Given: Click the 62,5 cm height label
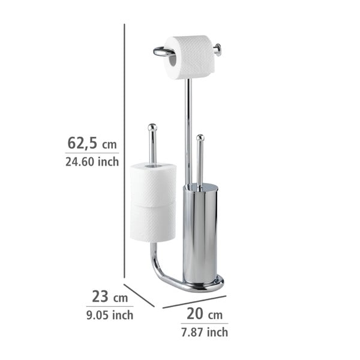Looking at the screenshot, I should (x=92, y=143).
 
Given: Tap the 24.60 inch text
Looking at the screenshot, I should (x=92, y=161).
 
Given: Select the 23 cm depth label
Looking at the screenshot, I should (x=110, y=296).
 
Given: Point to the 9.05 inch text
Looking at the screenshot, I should (x=110, y=314).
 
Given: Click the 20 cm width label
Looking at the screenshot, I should (x=204, y=314).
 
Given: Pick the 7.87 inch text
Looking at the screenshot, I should (x=204, y=332).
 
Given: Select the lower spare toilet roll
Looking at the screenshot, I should (x=153, y=222).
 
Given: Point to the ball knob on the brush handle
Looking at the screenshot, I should (x=199, y=139).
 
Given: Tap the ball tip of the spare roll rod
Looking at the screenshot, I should (x=152, y=127).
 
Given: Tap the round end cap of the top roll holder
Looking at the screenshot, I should (x=218, y=50).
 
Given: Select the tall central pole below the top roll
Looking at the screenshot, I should (x=188, y=132).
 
